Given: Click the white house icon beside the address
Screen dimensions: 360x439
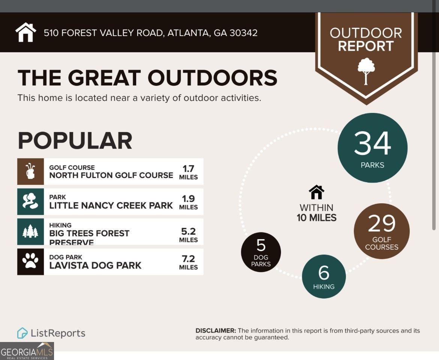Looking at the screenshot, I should point(26,33).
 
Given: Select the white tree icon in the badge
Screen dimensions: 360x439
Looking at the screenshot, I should point(366,71).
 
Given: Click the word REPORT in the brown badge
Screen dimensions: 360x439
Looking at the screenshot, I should point(365,46).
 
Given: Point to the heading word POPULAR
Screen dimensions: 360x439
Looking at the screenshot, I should point(75,141).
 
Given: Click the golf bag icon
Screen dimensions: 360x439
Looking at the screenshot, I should point(30,171).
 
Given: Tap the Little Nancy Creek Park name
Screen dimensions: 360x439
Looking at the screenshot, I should point(111,205).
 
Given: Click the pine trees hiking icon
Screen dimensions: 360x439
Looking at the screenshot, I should point(30,232).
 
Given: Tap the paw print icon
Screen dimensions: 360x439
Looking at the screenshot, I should point(30,261).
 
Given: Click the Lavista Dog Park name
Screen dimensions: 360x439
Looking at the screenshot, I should point(95,265).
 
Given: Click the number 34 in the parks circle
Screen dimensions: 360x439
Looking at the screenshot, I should point(372,144).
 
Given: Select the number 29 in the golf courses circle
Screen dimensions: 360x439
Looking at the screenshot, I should point(382,224).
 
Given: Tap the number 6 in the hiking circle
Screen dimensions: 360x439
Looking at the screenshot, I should point(323,273).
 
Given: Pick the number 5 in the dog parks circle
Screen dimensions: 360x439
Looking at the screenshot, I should point(261,246).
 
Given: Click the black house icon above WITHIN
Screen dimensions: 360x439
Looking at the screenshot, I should point(316,192).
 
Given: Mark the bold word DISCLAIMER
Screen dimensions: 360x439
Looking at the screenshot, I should point(216,331).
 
